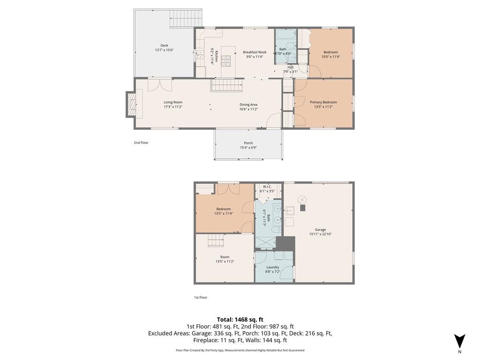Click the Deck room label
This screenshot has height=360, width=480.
(x=165, y=45)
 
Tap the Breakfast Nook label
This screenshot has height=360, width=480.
(x=255, y=52)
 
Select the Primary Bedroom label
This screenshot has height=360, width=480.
(x=323, y=102)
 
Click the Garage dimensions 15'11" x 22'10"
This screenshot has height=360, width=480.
(x=321, y=234)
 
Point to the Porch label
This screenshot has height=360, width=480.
(x=248, y=143)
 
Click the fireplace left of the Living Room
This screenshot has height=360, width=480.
(x=132, y=104)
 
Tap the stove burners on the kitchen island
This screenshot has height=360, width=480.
(x=226, y=60)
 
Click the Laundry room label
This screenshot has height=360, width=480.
(x=273, y=267)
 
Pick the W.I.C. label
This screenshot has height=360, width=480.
(x=267, y=187)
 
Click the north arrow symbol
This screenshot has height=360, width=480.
(x=459, y=342)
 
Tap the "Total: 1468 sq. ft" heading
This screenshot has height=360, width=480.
(x=240, y=320)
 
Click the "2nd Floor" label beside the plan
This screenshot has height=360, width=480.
(x=141, y=142)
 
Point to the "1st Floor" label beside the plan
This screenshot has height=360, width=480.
(x=201, y=297)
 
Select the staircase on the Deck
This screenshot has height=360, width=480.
(x=186, y=18)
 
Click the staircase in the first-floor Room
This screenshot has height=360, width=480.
(x=216, y=240)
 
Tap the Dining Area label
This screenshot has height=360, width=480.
(x=248, y=105)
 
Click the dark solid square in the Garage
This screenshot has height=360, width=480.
(x=303, y=208)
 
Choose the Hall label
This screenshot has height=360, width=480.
(x=291, y=67)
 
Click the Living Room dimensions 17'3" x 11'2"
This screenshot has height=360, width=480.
(x=173, y=107)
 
